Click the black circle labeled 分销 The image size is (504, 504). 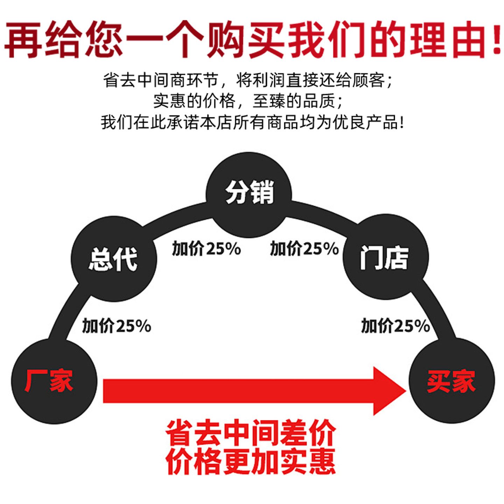click(x=249, y=195)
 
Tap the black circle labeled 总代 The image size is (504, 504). click(x=114, y=259)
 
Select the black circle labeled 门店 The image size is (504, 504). click(x=385, y=257)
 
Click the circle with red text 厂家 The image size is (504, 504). click(x=54, y=381)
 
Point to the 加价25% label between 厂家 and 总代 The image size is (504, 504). click(x=117, y=326)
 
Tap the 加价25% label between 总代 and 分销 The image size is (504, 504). click(x=206, y=249)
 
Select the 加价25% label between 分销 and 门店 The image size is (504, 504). click(x=304, y=249)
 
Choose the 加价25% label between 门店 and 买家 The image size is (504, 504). click(x=395, y=326)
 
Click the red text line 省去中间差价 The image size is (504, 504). click(x=251, y=433)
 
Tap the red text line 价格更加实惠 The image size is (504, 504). click(x=251, y=461)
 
